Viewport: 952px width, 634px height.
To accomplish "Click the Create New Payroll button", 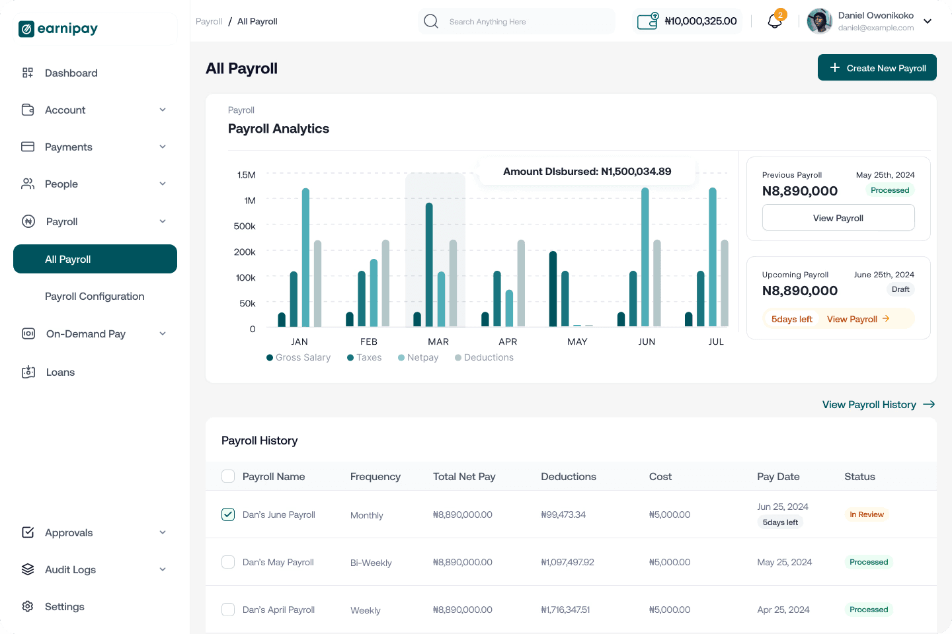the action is pyautogui.click(x=877, y=67).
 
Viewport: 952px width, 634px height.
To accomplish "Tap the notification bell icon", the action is pyautogui.click(x=775, y=21).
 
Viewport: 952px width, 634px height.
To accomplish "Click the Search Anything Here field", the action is pyautogui.click(x=516, y=21).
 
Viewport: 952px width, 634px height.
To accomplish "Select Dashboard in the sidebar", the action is pyautogui.click(x=71, y=73).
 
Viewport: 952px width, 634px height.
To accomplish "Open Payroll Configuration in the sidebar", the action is pyautogui.click(x=95, y=296).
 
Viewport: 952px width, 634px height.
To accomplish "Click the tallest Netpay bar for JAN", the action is pyautogui.click(x=305, y=258).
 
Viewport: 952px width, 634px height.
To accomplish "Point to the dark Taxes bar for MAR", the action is pyautogui.click(x=429, y=265).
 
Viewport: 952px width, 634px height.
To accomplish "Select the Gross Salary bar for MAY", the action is pyautogui.click(x=553, y=289).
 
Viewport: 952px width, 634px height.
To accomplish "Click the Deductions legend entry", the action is pyautogui.click(x=484, y=357).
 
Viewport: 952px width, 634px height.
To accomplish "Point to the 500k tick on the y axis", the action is pyautogui.click(x=245, y=226).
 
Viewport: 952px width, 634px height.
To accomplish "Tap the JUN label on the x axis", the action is pyautogui.click(x=647, y=341).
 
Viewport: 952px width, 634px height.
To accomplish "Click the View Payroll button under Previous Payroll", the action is pyautogui.click(x=838, y=218).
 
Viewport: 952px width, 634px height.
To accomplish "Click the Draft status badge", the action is pyautogui.click(x=900, y=289).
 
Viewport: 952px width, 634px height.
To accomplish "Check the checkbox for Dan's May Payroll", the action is pyautogui.click(x=228, y=562).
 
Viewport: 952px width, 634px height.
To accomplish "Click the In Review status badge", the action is pyautogui.click(x=867, y=514).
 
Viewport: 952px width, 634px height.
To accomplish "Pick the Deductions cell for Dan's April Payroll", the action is pyautogui.click(x=565, y=610).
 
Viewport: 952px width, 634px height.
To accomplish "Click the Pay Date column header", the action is pyautogui.click(x=778, y=476).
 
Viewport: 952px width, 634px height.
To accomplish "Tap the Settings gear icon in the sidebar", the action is pyautogui.click(x=28, y=606).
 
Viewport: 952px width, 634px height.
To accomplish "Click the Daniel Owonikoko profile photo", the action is pyautogui.click(x=819, y=21).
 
